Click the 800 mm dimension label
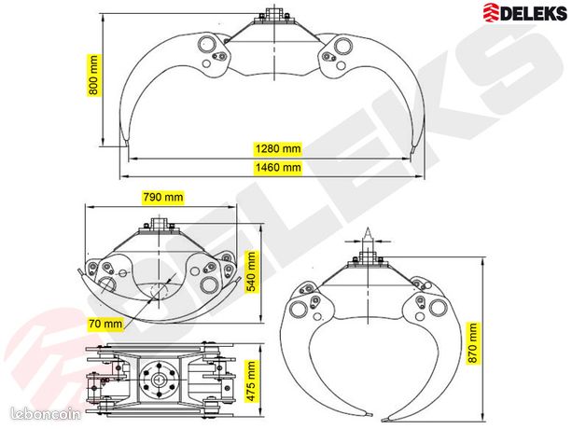coord(93,76)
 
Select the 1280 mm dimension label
coord(278,148)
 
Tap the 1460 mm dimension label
coord(278,167)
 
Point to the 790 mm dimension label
coord(162,197)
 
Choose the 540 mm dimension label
coord(252,272)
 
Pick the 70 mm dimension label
coord(105,323)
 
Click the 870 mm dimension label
coord(472,343)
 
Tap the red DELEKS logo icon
coord(491,12)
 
